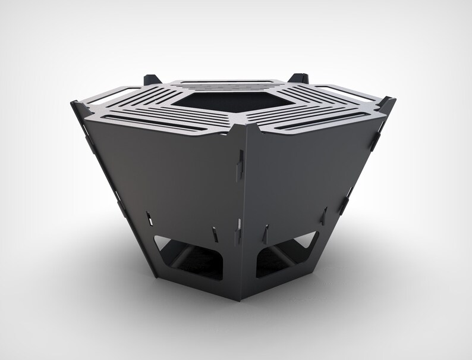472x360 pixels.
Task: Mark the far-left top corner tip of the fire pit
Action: click(x=73, y=103)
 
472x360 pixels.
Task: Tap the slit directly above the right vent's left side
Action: click(x=266, y=228)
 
